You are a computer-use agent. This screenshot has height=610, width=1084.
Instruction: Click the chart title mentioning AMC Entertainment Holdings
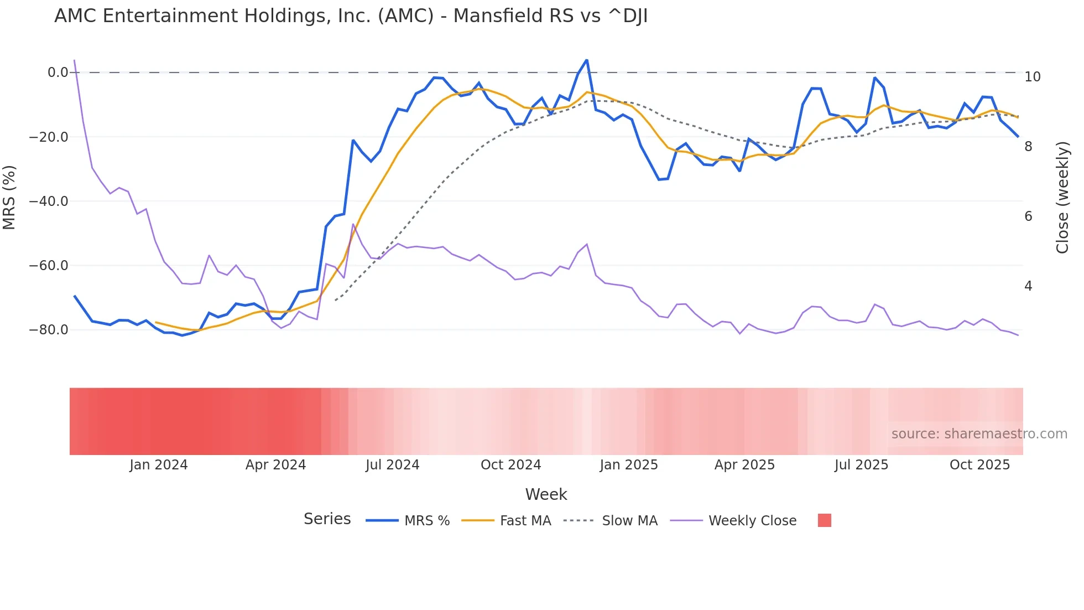[351, 16]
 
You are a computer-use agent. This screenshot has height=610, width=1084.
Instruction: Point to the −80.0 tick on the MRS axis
[49, 330]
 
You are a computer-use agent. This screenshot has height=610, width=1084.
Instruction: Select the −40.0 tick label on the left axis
[49, 201]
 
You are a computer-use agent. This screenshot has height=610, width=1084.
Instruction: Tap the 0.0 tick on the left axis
[58, 73]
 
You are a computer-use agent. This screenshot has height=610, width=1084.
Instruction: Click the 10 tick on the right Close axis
[1032, 77]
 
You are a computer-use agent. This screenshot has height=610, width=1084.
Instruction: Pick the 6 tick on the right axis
[1028, 216]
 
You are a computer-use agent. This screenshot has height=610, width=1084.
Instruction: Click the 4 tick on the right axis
[1028, 286]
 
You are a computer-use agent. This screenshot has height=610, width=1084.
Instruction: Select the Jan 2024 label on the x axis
[159, 465]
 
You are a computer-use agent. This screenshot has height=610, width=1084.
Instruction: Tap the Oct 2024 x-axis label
[510, 465]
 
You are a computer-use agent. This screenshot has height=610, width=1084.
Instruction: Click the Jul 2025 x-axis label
[861, 465]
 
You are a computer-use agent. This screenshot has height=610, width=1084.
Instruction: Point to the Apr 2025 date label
[744, 465]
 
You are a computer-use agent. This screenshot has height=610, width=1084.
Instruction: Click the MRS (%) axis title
[9, 197]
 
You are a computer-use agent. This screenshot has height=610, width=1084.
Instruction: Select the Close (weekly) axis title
[1062, 198]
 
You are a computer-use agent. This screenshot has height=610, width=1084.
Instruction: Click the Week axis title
[546, 494]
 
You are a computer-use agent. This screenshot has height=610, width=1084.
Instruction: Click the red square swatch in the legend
[824, 520]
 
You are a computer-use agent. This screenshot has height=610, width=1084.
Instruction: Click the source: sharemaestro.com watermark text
[979, 434]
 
